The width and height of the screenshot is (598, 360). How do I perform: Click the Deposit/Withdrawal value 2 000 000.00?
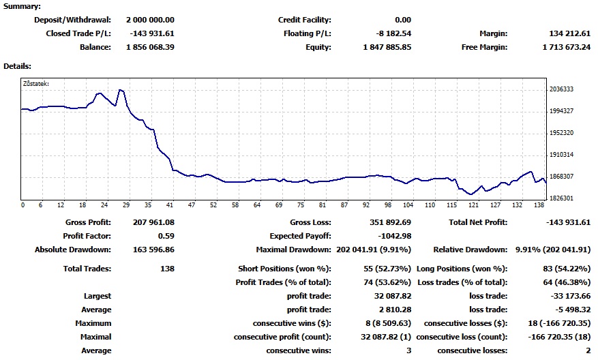click(150, 20)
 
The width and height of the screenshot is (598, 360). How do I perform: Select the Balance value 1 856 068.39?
click(150, 47)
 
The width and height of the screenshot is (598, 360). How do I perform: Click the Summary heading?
click(22, 5)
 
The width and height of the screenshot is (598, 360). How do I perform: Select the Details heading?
click(18, 66)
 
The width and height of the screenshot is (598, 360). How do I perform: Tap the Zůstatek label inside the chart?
click(36, 84)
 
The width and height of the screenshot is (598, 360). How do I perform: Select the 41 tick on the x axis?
click(170, 205)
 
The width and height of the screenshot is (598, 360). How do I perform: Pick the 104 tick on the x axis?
click(408, 205)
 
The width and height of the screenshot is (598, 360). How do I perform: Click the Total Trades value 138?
click(167, 269)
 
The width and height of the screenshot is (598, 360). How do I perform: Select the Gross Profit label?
click(88, 222)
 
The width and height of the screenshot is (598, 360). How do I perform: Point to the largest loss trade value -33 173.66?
click(570, 296)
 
